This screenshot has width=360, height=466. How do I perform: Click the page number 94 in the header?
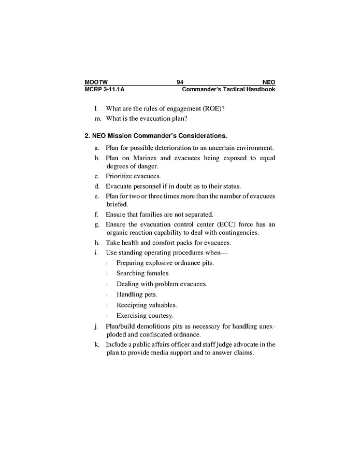pos(180,82)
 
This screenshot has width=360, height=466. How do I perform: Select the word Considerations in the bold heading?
pos(203,136)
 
